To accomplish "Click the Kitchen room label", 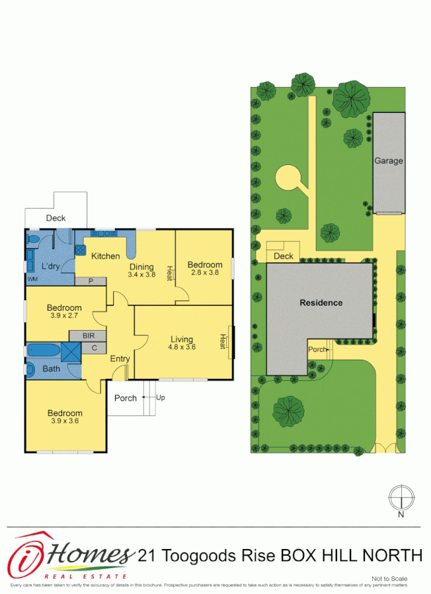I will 105,256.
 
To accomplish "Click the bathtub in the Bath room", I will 43,350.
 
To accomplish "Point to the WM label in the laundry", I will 32,279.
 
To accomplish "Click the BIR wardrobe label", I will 89,336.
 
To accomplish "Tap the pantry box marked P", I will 91,281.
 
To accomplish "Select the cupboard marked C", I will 94,348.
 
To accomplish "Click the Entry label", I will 120,358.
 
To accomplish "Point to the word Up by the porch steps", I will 161,397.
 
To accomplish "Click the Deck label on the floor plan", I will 56,218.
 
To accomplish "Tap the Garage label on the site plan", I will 388,160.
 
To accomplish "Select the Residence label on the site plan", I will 321,303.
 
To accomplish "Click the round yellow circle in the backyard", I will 288,178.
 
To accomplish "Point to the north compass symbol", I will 401,496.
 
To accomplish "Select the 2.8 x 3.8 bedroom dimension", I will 204,272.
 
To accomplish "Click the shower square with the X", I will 70,352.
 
